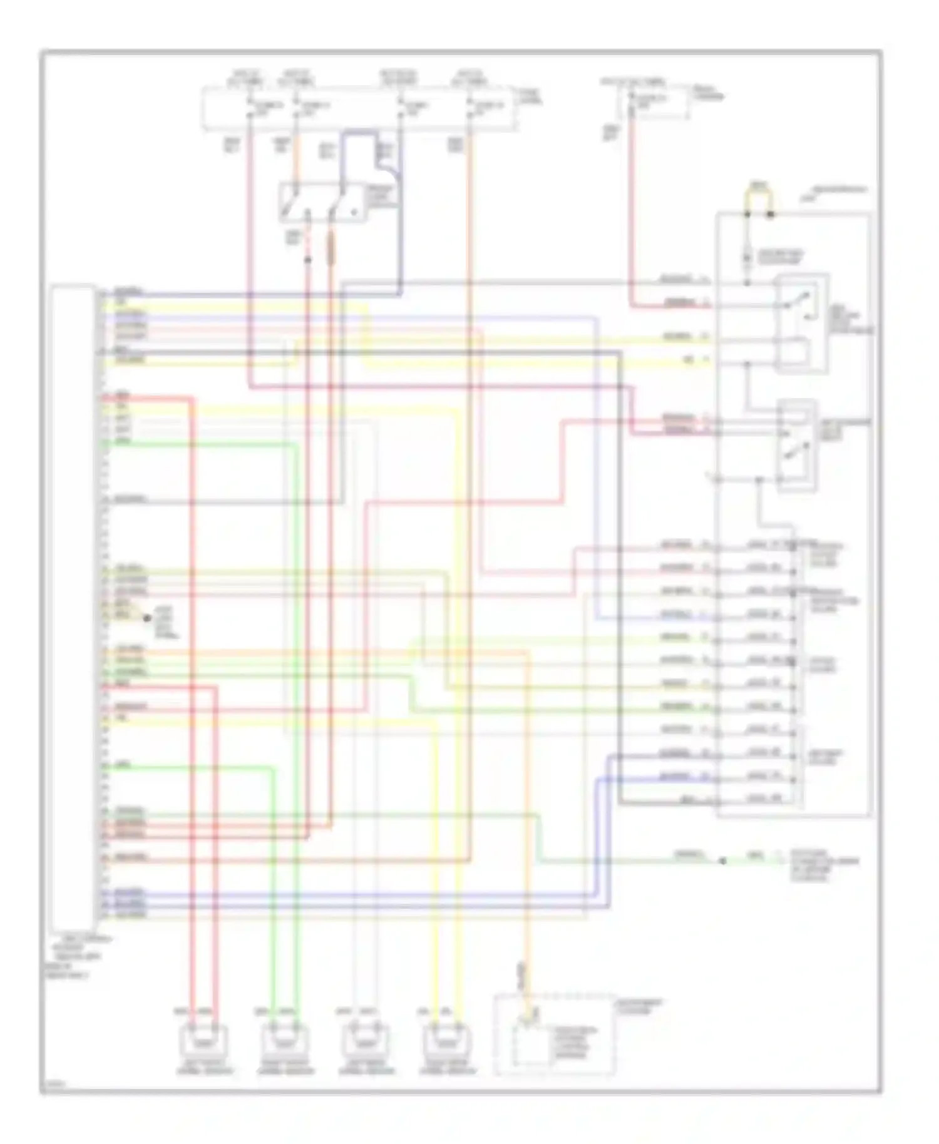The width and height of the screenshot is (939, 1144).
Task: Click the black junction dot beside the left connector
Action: (x=148, y=618)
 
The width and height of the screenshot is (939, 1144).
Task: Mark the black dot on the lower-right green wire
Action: (x=722, y=861)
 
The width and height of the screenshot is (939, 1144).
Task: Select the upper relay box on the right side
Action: (x=803, y=323)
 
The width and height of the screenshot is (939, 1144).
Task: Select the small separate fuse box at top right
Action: (x=653, y=103)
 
